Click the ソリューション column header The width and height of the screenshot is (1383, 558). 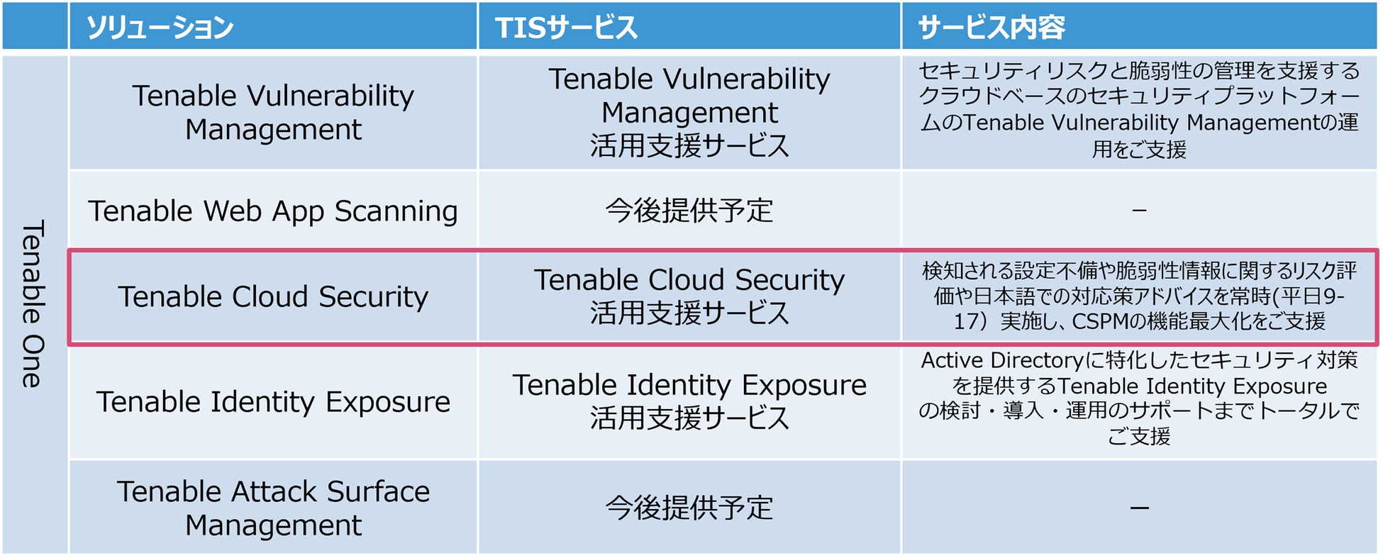click(x=160, y=28)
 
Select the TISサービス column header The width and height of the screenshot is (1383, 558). click(x=566, y=28)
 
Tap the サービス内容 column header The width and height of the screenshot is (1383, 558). click(x=992, y=28)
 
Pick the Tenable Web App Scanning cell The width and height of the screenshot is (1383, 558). click(x=273, y=211)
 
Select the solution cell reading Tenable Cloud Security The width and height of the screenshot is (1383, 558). click(x=273, y=296)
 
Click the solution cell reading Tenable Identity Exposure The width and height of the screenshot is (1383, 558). click(x=273, y=402)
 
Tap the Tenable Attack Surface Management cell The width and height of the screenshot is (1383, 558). click(x=273, y=508)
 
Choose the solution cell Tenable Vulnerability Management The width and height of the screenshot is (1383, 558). click(x=273, y=112)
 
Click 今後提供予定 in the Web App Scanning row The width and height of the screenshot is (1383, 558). click(x=689, y=211)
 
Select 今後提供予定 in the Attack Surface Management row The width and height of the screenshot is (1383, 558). click(x=689, y=508)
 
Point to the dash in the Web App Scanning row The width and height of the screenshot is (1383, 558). click(x=1139, y=211)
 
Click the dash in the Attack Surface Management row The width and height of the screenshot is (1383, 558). click(x=1139, y=508)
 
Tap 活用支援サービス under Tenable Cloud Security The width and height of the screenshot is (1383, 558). click(x=689, y=313)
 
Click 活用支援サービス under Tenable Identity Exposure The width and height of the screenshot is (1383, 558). click(x=689, y=418)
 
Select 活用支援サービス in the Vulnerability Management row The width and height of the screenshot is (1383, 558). click(x=689, y=145)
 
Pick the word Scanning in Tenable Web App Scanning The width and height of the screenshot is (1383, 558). click(x=396, y=211)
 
